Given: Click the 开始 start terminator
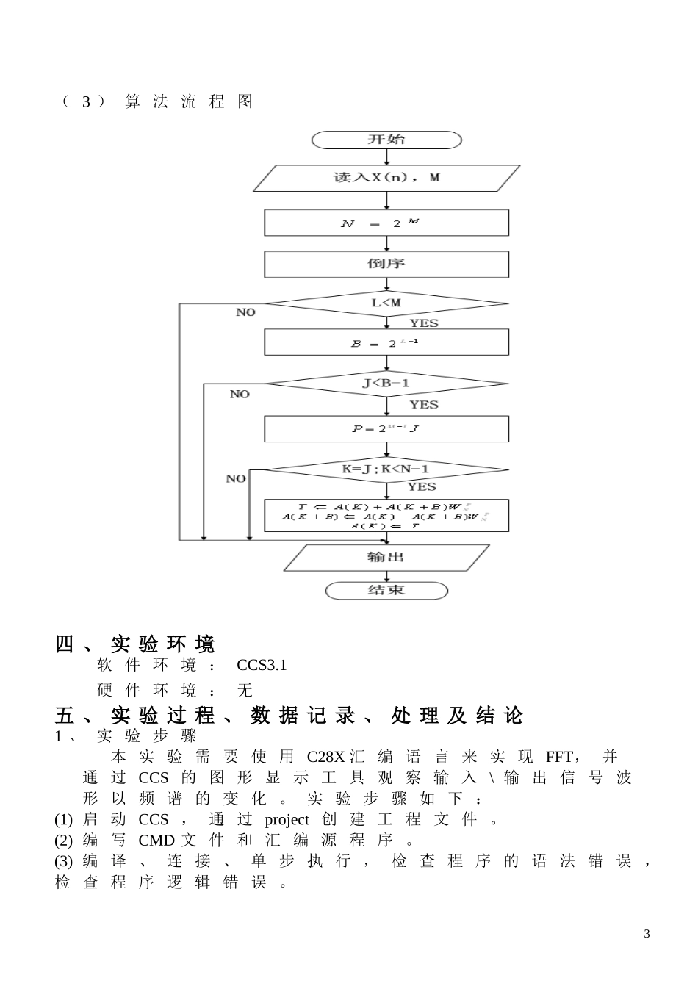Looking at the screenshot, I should click(x=386, y=140).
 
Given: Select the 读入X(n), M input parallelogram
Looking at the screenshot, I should click(x=386, y=178).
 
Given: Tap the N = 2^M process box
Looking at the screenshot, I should click(x=386, y=223).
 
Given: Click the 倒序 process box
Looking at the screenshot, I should click(x=386, y=264).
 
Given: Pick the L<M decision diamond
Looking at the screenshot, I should click(x=386, y=303).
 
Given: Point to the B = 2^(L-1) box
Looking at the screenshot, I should click(x=386, y=342).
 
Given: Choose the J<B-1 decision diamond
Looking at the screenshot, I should click(x=386, y=384).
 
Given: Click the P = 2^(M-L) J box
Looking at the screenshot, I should click(x=386, y=428).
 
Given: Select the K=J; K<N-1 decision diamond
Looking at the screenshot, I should click(x=386, y=469).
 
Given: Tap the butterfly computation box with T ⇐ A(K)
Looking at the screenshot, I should click(x=386, y=516).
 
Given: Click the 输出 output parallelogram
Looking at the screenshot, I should click(x=386, y=558).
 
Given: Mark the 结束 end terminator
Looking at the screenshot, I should click(x=386, y=590).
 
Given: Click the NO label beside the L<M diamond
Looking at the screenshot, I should click(x=245, y=312).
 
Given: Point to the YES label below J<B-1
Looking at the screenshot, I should click(x=423, y=405).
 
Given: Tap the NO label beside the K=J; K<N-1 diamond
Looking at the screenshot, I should click(x=236, y=479).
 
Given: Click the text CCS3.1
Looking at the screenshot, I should click(x=262, y=666).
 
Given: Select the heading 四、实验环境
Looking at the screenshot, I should click(x=135, y=644).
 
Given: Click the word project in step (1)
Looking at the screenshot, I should click(x=287, y=820).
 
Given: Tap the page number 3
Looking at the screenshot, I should click(x=647, y=934).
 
